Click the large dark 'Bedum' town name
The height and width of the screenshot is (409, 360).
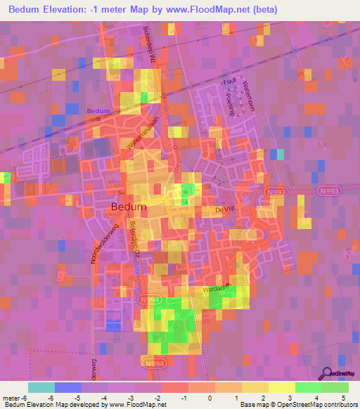tap(129, 207)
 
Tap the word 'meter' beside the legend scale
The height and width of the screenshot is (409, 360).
tap(12, 396)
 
